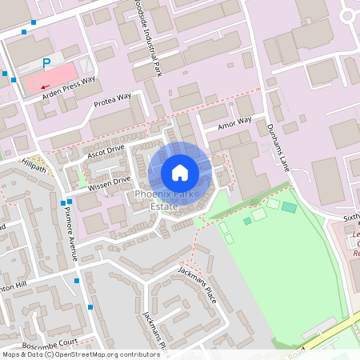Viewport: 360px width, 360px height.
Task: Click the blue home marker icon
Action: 180,173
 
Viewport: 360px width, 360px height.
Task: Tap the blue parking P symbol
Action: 46,63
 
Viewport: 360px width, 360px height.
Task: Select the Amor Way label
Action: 235,124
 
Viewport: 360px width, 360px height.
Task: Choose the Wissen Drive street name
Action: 109,185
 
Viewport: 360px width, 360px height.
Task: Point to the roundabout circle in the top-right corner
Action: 350,14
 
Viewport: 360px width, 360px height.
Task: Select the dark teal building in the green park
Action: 289,207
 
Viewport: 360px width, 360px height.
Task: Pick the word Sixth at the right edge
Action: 352,217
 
